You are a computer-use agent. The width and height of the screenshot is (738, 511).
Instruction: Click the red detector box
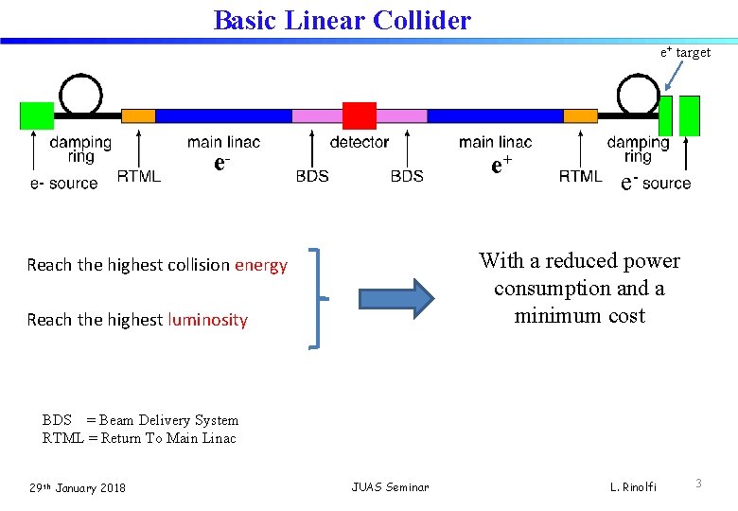[359, 115]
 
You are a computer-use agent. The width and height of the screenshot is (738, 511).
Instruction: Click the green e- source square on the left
[37, 115]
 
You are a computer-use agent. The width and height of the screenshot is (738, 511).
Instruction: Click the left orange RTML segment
[138, 115]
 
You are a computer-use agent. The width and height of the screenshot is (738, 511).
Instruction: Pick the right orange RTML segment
[580, 115]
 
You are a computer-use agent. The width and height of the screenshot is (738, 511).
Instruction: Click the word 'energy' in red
[261, 265]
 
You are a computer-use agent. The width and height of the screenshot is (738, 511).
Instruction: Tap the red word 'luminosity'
[207, 320]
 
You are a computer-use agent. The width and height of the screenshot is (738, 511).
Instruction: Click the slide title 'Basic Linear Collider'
[342, 20]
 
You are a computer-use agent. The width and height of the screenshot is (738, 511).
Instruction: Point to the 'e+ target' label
[685, 53]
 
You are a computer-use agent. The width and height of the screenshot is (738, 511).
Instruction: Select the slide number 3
[698, 484]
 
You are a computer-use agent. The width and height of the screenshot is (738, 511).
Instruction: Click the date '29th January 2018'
[77, 487]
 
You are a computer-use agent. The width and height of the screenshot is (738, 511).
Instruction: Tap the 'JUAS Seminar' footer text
[390, 487]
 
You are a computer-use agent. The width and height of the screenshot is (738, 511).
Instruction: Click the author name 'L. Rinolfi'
[633, 487]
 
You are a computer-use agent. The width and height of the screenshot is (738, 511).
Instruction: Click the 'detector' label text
[359, 142]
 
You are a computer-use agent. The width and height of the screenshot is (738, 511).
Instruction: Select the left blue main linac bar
[223, 115]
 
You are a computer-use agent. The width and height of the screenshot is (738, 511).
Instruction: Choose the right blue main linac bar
[495, 115]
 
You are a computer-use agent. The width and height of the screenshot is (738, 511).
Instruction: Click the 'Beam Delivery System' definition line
[140, 420]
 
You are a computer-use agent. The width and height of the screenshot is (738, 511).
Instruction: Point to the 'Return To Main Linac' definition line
[139, 438]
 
